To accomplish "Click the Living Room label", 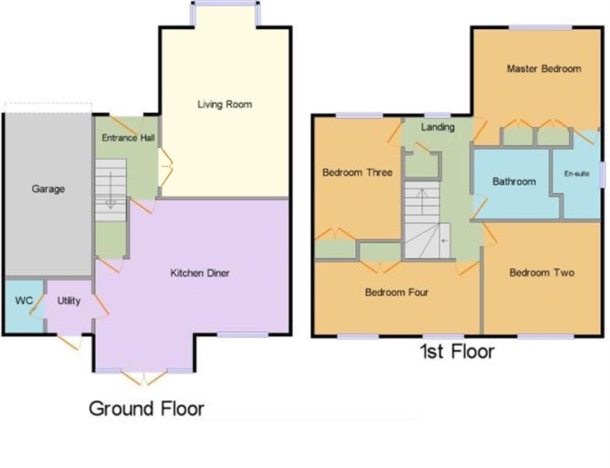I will point(224,104).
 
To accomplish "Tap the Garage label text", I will point(48,189).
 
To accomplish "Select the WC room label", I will point(23,300).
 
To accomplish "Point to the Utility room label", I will point(69,300).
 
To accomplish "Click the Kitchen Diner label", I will point(200,273).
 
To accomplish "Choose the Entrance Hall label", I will point(128,138).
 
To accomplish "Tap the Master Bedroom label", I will point(544,69).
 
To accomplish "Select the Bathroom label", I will point(514,182).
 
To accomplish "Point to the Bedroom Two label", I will point(542,272).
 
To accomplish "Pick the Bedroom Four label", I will point(396,292).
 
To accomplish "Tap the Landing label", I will point(438,127).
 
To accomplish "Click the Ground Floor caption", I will point(146,408).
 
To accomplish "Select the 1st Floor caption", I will point(456,352).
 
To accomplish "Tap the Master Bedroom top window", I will point(541,27).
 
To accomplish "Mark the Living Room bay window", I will point(225,4).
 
